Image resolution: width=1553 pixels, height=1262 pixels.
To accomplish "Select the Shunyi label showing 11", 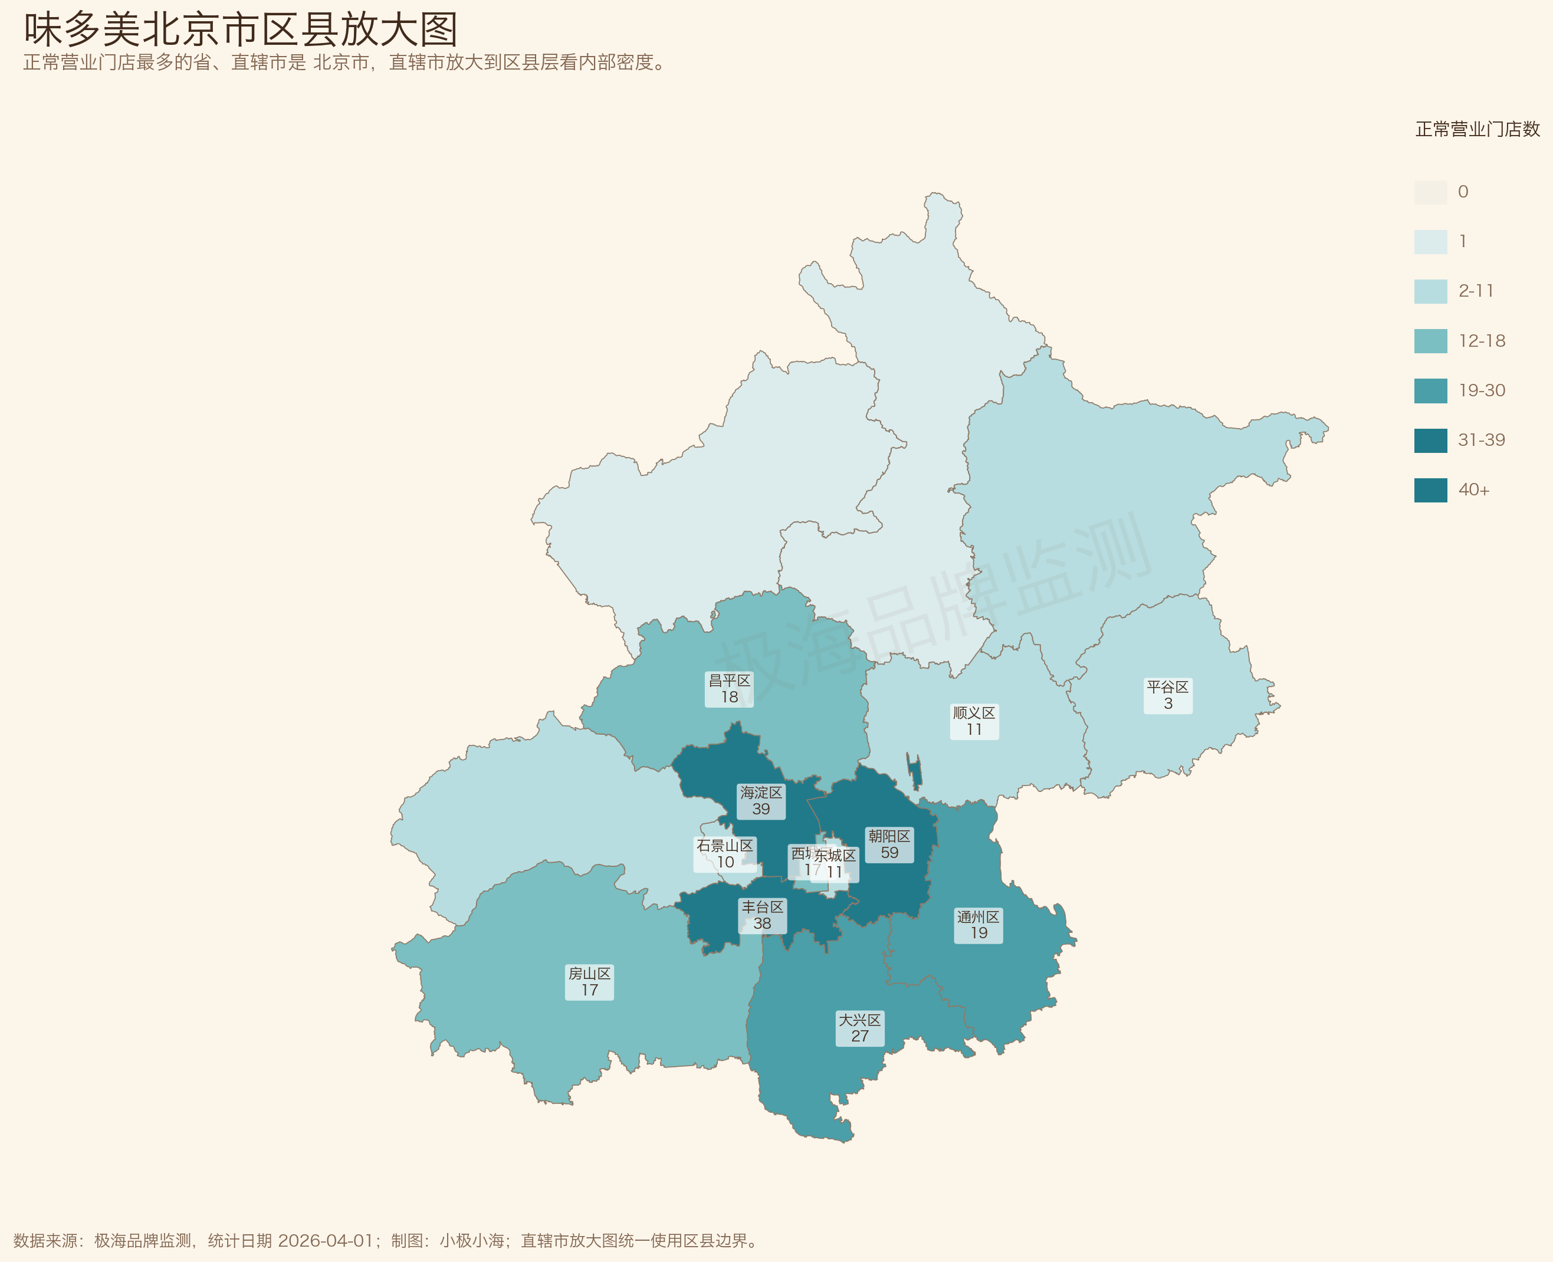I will [x=974, y=721].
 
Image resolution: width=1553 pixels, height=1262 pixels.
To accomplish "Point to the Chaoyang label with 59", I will [x=889, y=844].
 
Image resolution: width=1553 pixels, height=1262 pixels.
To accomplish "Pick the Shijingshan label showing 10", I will [x=724, y=854].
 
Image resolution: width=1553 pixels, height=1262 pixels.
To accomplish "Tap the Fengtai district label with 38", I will [x=762, y=915].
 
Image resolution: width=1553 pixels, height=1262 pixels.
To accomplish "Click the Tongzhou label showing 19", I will [x=979, y=925].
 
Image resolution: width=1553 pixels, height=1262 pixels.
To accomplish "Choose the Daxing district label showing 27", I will [x=860, y=1028].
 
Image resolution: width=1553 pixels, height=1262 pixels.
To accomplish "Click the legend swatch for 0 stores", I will [x=1430, y=192].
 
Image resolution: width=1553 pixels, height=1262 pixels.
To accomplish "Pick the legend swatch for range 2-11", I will [x=1430, y=291].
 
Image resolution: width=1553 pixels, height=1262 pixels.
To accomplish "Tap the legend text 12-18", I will [x=1482, y=341].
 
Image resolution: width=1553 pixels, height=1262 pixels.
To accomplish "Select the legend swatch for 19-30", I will [x=1430, y=390].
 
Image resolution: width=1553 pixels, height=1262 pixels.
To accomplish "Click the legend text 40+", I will [x=1474, y=490].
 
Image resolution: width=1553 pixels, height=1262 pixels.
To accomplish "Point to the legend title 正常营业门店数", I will [x=1478, y=129].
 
